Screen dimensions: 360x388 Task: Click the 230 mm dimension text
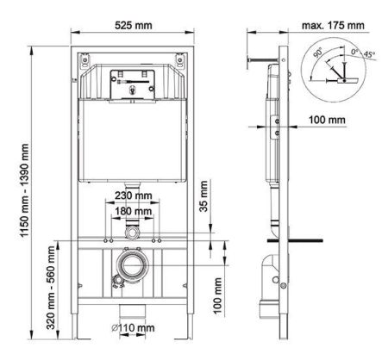pyautogui.click(x=133, y=196)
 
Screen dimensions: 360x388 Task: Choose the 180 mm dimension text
pyautogui.click(x=133, y=211)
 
